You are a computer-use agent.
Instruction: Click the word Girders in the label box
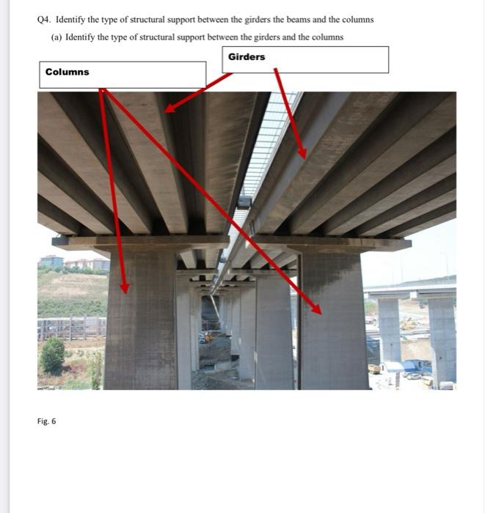point(247,57)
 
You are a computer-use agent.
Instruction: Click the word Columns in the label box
point(67,72)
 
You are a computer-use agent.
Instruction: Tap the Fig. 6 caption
point(46,421)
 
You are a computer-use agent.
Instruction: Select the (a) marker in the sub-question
point(56,37)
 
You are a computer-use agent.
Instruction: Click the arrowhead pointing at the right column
point(316,309)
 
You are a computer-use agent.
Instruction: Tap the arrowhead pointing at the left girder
point(169,108)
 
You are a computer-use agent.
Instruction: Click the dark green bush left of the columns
point(53,355)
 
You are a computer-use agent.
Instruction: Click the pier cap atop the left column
point(139,243)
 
